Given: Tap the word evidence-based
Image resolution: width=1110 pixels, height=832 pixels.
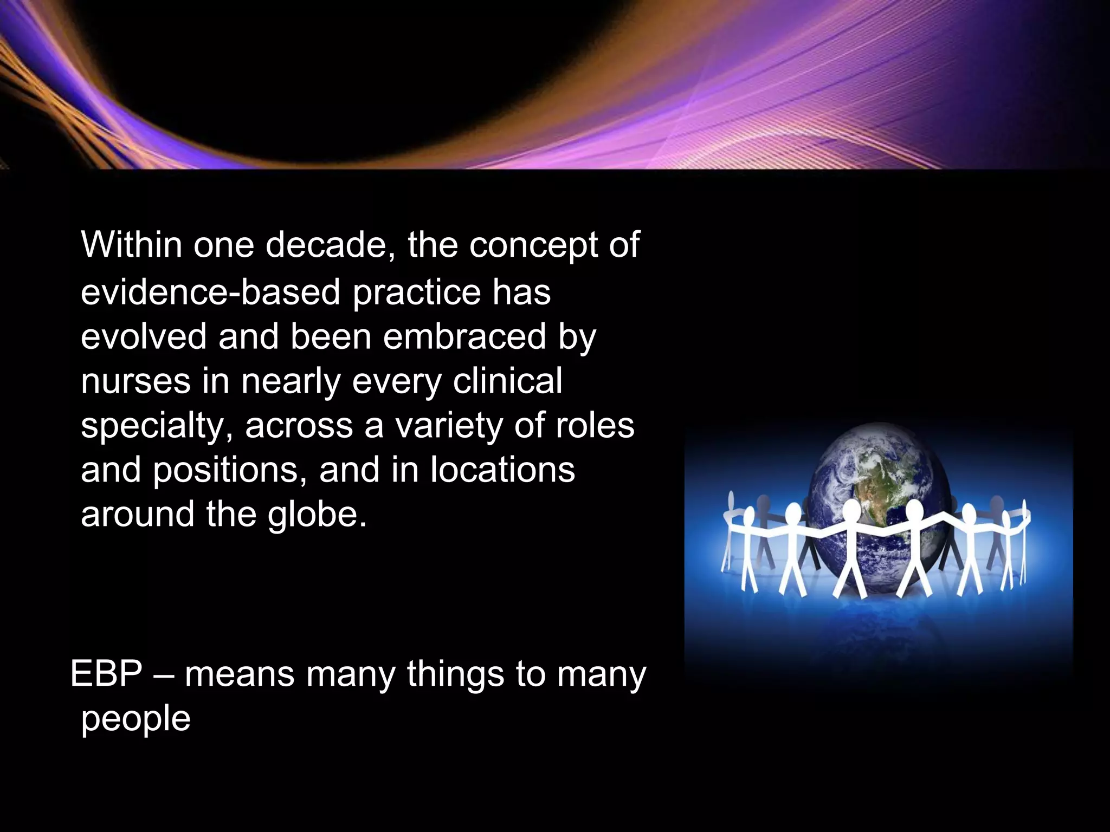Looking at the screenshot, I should (x=210, y=292).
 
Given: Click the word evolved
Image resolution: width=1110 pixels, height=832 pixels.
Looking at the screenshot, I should (x=143, y=337).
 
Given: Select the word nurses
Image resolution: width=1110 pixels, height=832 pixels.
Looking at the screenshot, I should (x=135, y=381).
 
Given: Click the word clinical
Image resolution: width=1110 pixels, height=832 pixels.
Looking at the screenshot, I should (x=507, y=381).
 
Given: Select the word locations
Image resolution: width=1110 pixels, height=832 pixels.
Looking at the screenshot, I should (x=502, y=470).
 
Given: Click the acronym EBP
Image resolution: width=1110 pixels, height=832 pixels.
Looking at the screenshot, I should (x=106, y=674).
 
